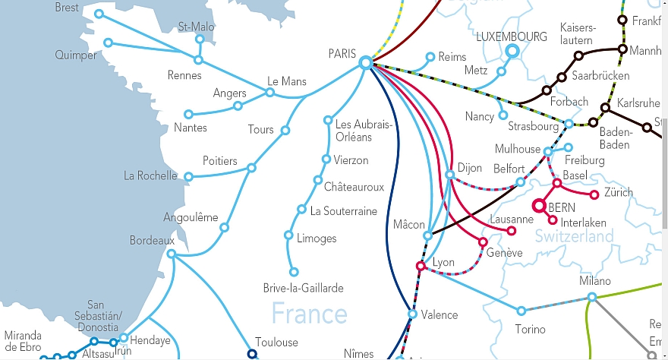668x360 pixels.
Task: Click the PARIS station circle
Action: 365,63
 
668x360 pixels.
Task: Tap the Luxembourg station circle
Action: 511,51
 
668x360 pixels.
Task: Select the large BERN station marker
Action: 540,206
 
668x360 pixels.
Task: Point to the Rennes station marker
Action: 199,60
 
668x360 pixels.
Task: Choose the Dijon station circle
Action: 450,175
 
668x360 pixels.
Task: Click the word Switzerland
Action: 574,237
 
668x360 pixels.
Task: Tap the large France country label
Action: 309,313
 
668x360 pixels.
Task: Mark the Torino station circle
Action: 521,311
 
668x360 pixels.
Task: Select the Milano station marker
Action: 592,297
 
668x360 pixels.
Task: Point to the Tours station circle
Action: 285,131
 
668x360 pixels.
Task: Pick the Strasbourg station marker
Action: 569,124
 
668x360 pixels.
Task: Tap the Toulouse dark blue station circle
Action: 252,353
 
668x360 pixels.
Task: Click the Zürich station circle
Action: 594,195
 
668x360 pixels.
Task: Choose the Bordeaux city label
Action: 152,240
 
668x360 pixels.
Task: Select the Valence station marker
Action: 412,314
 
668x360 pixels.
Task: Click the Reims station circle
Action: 430,57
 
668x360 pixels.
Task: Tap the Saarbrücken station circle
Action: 562,77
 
